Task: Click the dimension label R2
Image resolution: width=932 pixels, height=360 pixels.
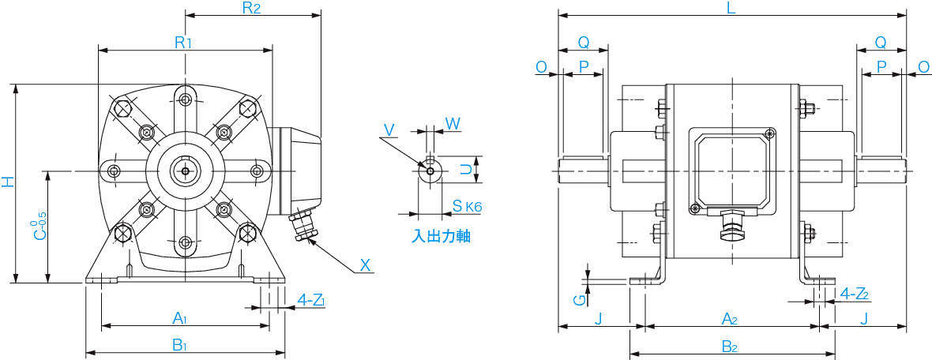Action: [251, 8]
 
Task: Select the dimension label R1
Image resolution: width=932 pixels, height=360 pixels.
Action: [183, 42]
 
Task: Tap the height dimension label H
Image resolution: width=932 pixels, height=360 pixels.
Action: [8, 182]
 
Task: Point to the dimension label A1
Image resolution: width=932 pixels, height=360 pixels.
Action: [180, 319]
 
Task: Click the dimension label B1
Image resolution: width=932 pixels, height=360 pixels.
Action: [180, 345]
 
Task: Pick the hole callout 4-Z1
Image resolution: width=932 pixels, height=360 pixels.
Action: [311, 301]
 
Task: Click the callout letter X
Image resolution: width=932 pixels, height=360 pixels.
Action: [366, 265]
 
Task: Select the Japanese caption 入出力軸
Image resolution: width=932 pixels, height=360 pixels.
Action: [442, 236]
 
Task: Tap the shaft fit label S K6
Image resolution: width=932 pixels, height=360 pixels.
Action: [467, 206]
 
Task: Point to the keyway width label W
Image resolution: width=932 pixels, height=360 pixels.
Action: [453, 123]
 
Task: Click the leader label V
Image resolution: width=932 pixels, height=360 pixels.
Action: [389, 130]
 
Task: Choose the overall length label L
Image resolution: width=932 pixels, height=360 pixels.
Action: [731, 8]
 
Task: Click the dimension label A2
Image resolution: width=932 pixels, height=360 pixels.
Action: [729, 319]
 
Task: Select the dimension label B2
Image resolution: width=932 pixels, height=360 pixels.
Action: [729, 347]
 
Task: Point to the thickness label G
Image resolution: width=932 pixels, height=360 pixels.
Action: [580, 300]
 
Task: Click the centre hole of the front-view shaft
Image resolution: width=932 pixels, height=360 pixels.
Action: [186, 171]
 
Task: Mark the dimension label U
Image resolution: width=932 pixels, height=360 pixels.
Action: [468, 170]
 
